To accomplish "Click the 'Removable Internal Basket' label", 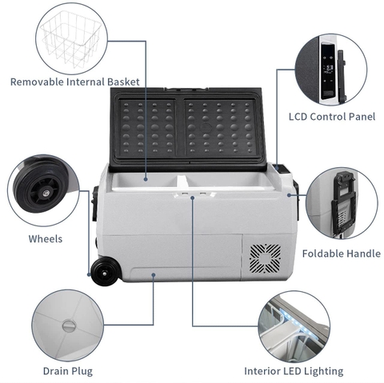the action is click(75, 82).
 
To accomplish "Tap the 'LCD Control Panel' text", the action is click(332, 117).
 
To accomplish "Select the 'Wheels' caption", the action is click(46, 239).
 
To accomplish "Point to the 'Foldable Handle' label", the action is click(342, 253).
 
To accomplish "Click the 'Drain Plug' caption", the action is click(68, 371).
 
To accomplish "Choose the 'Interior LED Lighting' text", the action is click(294, 371).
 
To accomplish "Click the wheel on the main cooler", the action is click(105, 271).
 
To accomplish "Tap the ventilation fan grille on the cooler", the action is click(265, 259).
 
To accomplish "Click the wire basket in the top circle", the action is click(71, 38).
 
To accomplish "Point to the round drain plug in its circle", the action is click(70, 325).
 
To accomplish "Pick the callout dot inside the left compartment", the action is click(146, 179).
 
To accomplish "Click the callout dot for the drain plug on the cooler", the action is click(153, 275).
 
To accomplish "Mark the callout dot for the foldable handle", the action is click(289, 195).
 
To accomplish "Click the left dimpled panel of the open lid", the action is click(147, 128).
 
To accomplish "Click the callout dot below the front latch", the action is click(193, 197).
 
